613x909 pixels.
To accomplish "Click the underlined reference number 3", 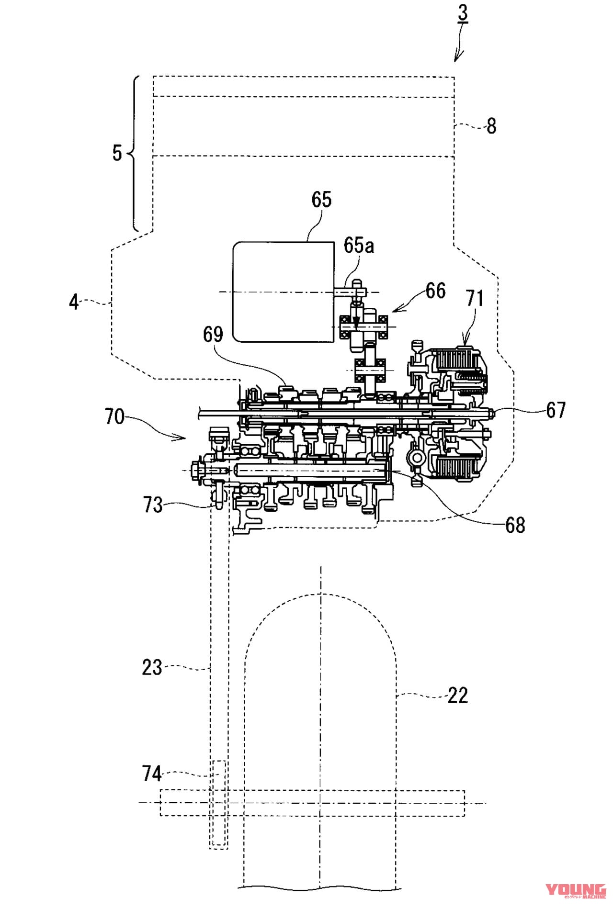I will click(x=463, y=13).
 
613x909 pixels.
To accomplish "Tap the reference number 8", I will click(x=491, y=126).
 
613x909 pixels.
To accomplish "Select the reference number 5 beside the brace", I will click(x=117, y=153).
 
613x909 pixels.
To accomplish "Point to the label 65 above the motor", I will click(x=321, y=199).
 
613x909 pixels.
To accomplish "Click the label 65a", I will click(x=359, y=245).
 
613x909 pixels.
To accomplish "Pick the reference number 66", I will click(x=435, y=291).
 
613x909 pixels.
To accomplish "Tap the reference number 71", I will click(x=475, y=298).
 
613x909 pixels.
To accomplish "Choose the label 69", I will click(x=213, y=334).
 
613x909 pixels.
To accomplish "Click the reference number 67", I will click(x=556, y=410).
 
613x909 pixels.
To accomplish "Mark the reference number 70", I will click(x=115, y=417).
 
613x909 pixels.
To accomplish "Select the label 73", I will click(x=153, y=505).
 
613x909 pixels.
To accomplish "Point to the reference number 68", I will click(x=515, y=525).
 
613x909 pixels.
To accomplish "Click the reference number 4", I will click(x=74, y=303).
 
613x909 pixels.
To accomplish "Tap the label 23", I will click(x=152, y=667).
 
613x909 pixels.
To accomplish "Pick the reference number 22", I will click(x=457, y=696).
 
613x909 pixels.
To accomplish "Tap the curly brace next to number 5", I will click(x=135, y=153).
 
